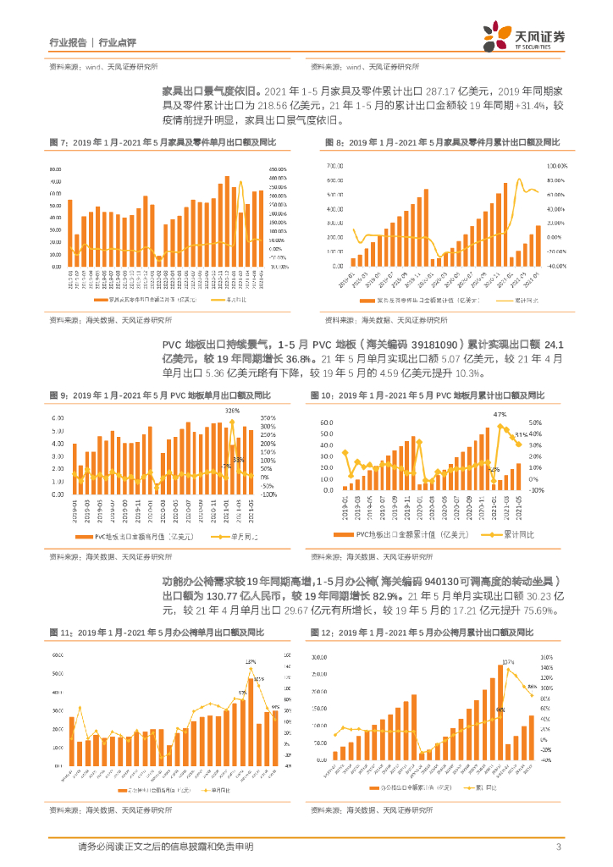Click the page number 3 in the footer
[558, 848]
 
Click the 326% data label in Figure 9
[231, 411]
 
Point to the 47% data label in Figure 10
[500, 414]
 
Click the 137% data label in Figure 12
[507, 661]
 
